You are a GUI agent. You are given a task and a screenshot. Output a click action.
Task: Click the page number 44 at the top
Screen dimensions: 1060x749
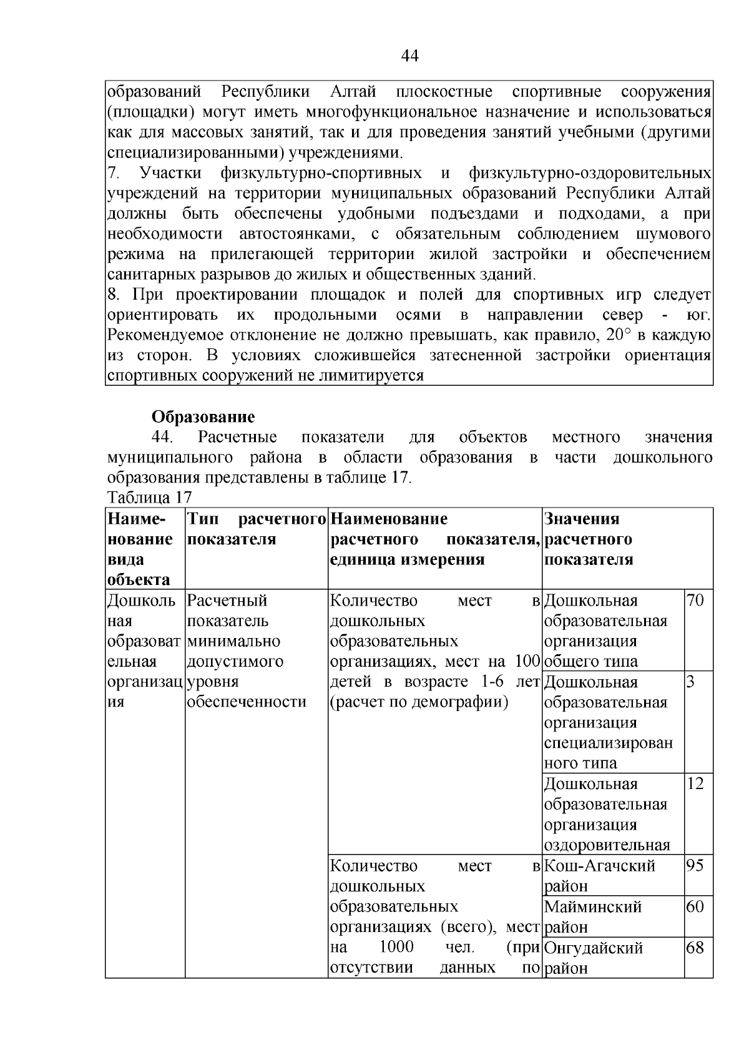[x=409, y=57]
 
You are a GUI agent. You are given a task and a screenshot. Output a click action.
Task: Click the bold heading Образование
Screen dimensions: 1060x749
[x=203, y=417]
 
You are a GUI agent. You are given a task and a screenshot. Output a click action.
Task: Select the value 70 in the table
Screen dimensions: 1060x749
[x=695, y=601]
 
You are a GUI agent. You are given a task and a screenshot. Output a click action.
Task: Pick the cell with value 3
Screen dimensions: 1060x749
[x=690, y=682]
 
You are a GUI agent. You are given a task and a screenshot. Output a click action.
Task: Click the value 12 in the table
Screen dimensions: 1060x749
[x=695, y=784]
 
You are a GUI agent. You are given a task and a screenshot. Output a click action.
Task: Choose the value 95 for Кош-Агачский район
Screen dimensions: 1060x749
[x=695, y=866]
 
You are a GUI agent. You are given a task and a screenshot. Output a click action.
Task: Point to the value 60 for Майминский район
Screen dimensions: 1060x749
[x=695, y=906]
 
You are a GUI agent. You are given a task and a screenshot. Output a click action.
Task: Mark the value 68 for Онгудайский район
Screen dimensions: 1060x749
[x=695, y=948]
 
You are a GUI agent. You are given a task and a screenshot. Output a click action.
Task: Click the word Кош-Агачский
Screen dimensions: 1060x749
[x=600, y=866]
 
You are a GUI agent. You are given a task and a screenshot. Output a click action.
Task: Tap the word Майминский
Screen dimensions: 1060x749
[x=593, y=906]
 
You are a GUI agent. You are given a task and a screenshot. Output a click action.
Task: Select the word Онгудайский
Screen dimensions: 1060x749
[x=594, y=948]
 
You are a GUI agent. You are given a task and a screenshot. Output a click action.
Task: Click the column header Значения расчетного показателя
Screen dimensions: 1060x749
[x=589, y=539]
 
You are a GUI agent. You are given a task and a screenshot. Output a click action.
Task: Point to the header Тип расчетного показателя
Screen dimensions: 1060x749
[x=257, y=529]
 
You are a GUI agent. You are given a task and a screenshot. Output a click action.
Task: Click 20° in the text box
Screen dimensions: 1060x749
[x=619, y=335]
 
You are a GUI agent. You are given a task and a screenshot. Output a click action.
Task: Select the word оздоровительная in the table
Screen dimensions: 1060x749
[x=607, y=845]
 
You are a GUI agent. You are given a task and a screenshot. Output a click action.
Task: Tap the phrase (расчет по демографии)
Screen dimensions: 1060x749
[x=419, y=702]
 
